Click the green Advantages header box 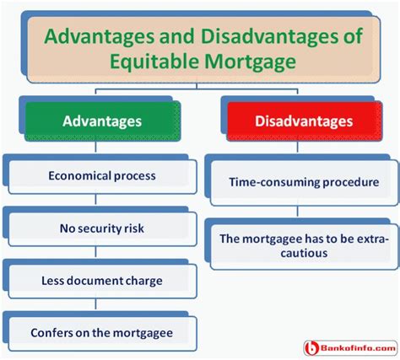103,121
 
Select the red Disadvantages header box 305,121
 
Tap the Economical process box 102,177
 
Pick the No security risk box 102,229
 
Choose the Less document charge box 102,282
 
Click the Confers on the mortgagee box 102,334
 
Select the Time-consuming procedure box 305,183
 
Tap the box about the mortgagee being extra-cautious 305,247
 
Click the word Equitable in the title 154,62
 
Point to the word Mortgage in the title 251,62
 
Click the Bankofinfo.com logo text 358,348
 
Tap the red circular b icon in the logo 311,348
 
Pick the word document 95,281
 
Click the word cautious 304,253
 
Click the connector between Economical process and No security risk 95,200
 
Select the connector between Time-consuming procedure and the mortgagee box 298,212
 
